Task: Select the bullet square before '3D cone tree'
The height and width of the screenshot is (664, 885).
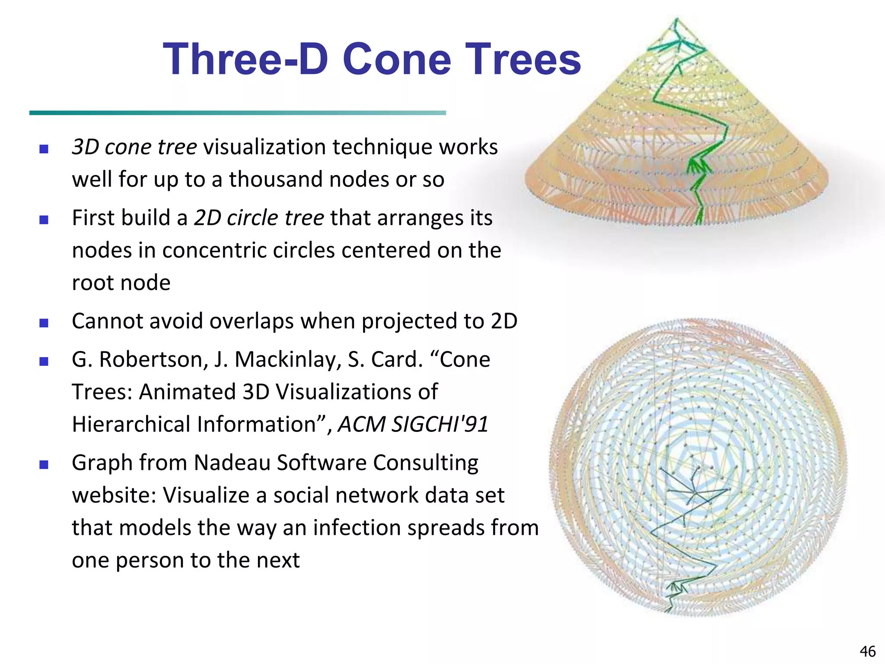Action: pyautogui.click(x=44, y=149)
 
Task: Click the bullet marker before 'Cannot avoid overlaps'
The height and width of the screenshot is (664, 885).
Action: pyautogui.click(x=44, y=323)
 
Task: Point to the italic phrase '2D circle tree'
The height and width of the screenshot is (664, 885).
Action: pyautogui.click(x=258, y=217)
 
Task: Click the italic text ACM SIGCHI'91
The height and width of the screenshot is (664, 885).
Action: pyautogui.click(x=413, y=424)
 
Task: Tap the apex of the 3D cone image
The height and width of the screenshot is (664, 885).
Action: pyautogui.click(x=676, y=19)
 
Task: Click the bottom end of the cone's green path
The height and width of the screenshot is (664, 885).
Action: pyautogui.click(x=698, y=222)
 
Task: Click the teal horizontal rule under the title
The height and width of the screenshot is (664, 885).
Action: pyautogui.click(x=237, y=113)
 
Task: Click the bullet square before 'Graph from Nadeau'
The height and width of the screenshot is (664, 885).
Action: pyautogui.click(x=44, y=465)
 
